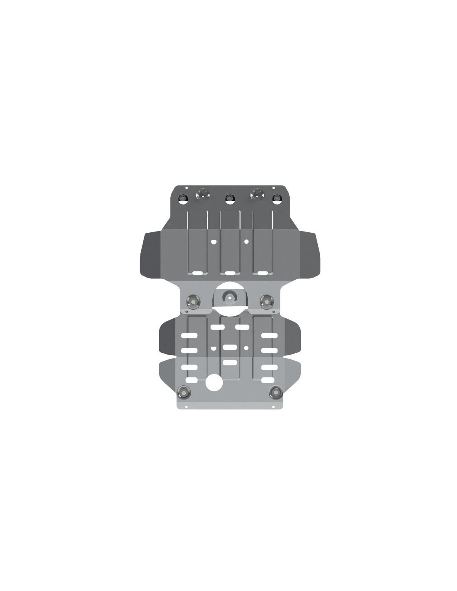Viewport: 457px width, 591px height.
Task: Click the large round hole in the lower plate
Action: (214, 382)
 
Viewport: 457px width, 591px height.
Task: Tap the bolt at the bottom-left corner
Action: (183, 390)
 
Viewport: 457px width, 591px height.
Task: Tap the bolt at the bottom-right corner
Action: (275, 390)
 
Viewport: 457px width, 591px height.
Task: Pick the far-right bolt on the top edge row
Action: (275, 198)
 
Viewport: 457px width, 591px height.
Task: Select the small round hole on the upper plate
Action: (246, 241)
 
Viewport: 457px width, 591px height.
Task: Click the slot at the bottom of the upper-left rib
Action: (197, 273)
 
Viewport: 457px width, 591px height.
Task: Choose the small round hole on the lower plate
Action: (246, 347)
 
